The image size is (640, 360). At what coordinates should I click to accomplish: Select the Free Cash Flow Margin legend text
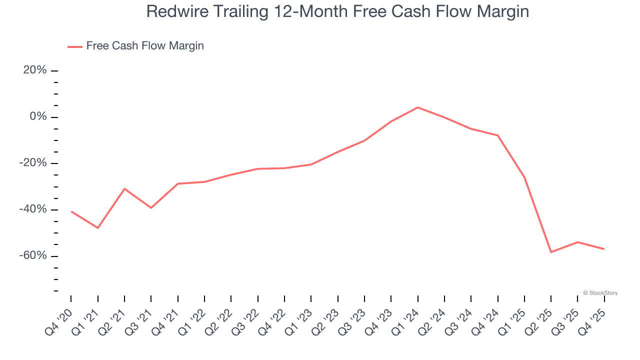(145, 46)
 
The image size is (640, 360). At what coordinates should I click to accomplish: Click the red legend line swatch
(75, 47)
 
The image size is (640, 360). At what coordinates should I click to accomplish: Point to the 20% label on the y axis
(35, 70)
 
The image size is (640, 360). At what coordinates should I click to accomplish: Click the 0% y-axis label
(38, 116)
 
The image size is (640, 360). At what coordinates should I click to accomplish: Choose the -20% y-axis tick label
(33, 163)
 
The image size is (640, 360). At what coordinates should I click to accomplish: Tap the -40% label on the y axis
(33, 209)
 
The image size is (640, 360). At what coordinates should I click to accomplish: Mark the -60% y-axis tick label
(33, 255)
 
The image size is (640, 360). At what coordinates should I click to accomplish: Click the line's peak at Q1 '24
(417, 107)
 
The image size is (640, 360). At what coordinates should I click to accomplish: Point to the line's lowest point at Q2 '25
(551, 252)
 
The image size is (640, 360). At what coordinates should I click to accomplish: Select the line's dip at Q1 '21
(97, 228)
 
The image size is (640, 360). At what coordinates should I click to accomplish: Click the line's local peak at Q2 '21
(124, 188)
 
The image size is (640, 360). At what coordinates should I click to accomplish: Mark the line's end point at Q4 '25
(604, 249)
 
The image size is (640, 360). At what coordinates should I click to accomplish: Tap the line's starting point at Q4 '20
(71, 211)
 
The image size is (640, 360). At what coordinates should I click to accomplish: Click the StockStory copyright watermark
(600, 293)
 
